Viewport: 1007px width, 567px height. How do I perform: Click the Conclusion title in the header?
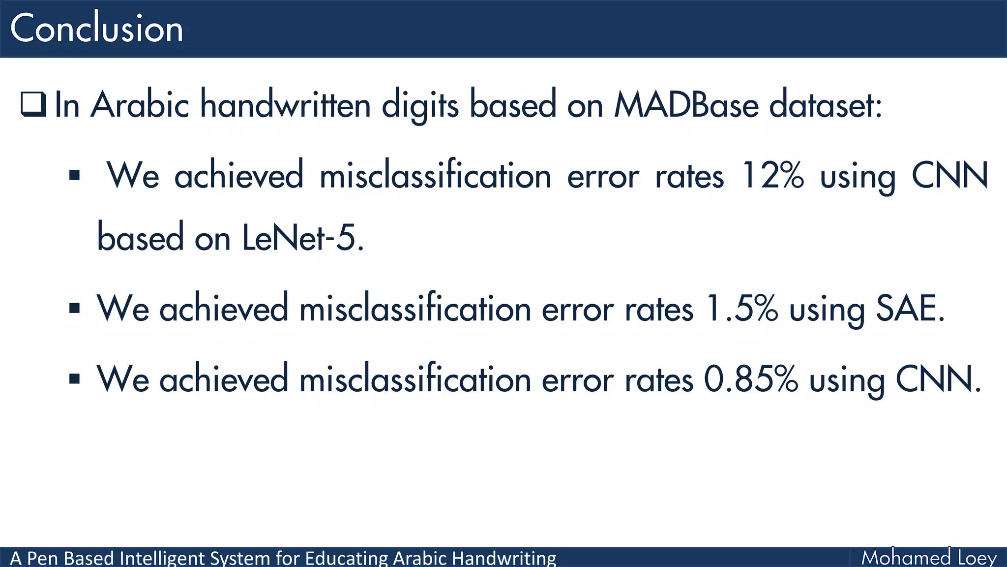tap(96, 29)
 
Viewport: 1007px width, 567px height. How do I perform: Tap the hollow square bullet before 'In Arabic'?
tap(33, 104)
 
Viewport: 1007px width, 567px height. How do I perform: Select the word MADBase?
tap(686, 104)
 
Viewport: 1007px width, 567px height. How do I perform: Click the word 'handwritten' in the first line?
tap(285, 104)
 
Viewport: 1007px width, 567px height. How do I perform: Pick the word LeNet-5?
tap(303, 238)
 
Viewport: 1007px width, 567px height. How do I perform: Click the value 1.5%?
tap(741, 309)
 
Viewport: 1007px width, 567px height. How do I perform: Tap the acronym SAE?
tap(910, 309)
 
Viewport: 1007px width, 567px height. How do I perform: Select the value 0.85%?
tap(751, 379)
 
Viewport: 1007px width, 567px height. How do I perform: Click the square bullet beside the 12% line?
tap(75, 175)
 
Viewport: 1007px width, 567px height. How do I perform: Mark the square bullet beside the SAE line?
tap(75, 309)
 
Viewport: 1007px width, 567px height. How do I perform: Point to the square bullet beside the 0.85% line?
tap(75, 379)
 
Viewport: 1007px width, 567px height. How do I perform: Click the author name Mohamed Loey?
tap(928, 558)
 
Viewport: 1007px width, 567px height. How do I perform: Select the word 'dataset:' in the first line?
tap(826, 104)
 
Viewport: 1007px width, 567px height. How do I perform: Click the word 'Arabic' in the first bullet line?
tap(140, 104)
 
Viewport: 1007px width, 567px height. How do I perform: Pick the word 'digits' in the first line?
tap(420, 104)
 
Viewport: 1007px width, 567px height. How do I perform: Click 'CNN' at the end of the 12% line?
tap(949, 176)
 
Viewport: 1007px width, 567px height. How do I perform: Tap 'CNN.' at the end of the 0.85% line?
tap(938, 379)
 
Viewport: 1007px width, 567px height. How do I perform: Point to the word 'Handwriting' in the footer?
tap(504, 558)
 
